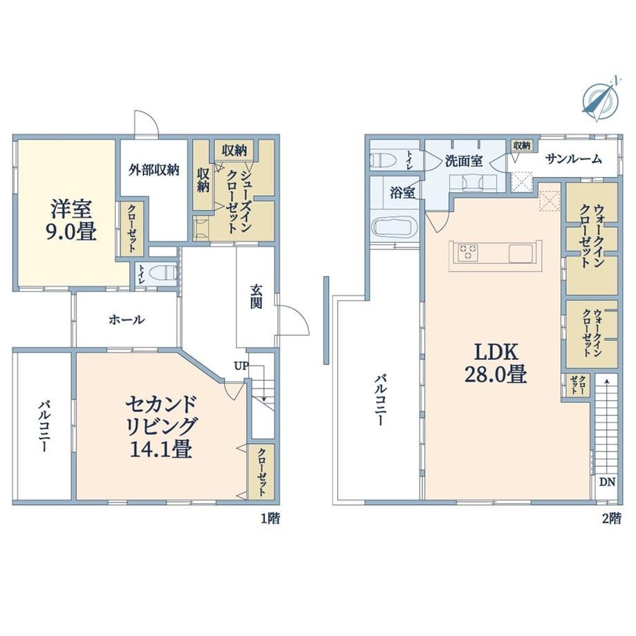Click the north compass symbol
click(x=600, y=99)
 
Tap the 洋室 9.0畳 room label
click(x=71, y=221)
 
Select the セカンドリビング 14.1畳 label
click(x=161, y=427)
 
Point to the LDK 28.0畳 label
click(x=496, y=364)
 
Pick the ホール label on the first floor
click(x=126, y=319)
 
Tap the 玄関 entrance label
click(x=256, y=297)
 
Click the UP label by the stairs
click(x=241, y=366)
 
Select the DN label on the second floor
click(x=607, y=483)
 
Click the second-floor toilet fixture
click(x=383, y=160)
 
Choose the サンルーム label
click(x=574, y=159)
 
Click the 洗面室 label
click(x=464, y=161)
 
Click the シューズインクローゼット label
click(x=238, y=202)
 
